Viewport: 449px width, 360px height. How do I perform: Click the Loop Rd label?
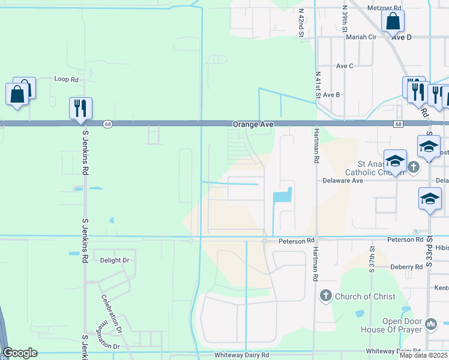(67, 79)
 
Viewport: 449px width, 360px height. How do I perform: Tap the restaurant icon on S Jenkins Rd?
(80, 109)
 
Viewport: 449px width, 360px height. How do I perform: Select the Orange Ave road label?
(253, 124)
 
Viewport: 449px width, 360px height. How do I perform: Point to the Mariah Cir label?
(361, 37)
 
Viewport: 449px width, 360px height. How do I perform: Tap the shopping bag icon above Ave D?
(393, 22)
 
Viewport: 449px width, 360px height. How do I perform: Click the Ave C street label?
(345, 66)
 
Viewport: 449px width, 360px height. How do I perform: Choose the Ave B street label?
(331, 95)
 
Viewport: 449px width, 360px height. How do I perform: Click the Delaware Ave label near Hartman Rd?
(343, 180)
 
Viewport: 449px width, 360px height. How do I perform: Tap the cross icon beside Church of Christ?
(325, 295)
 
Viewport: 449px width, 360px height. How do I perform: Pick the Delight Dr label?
(115, 260)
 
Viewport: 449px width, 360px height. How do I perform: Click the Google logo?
(20, 353)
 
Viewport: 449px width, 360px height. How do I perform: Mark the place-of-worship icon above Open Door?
(430, 325)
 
